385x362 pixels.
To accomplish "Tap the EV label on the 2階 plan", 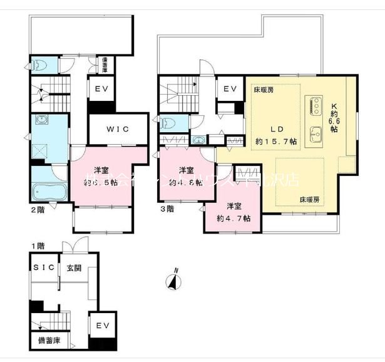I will coord(101,90).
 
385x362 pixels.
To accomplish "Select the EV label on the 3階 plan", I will coord(230,90).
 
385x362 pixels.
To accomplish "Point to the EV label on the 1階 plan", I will coord(103,326).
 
